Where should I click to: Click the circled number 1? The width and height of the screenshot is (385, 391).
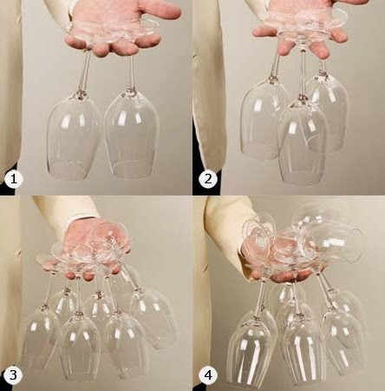(x=13, y=179)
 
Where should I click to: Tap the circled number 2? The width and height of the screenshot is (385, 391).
(x=208, y=179)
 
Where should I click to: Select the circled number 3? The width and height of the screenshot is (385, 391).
(x=13, y=375)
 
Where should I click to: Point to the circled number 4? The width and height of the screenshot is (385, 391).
(x=208, y=375)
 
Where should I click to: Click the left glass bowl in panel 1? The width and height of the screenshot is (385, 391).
(x=75, y=136)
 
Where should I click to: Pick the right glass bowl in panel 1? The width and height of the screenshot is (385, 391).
(x=132, y=134)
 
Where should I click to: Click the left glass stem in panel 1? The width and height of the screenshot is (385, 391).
(x=84, y=71)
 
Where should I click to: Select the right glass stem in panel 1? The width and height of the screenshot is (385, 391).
(x=132, y=72)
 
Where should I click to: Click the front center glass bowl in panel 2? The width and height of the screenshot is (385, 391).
(x=303, y=142)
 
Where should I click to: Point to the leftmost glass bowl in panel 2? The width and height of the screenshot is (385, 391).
(x=264, y=119)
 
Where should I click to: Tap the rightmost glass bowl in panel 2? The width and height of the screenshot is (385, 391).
(x=329, y=110)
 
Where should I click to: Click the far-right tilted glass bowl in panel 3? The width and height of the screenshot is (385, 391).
(x=153, y=317)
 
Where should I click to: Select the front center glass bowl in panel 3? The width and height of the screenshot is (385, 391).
(x=79, y=347)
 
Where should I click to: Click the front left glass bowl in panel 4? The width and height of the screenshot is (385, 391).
(x=252, y=349)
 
